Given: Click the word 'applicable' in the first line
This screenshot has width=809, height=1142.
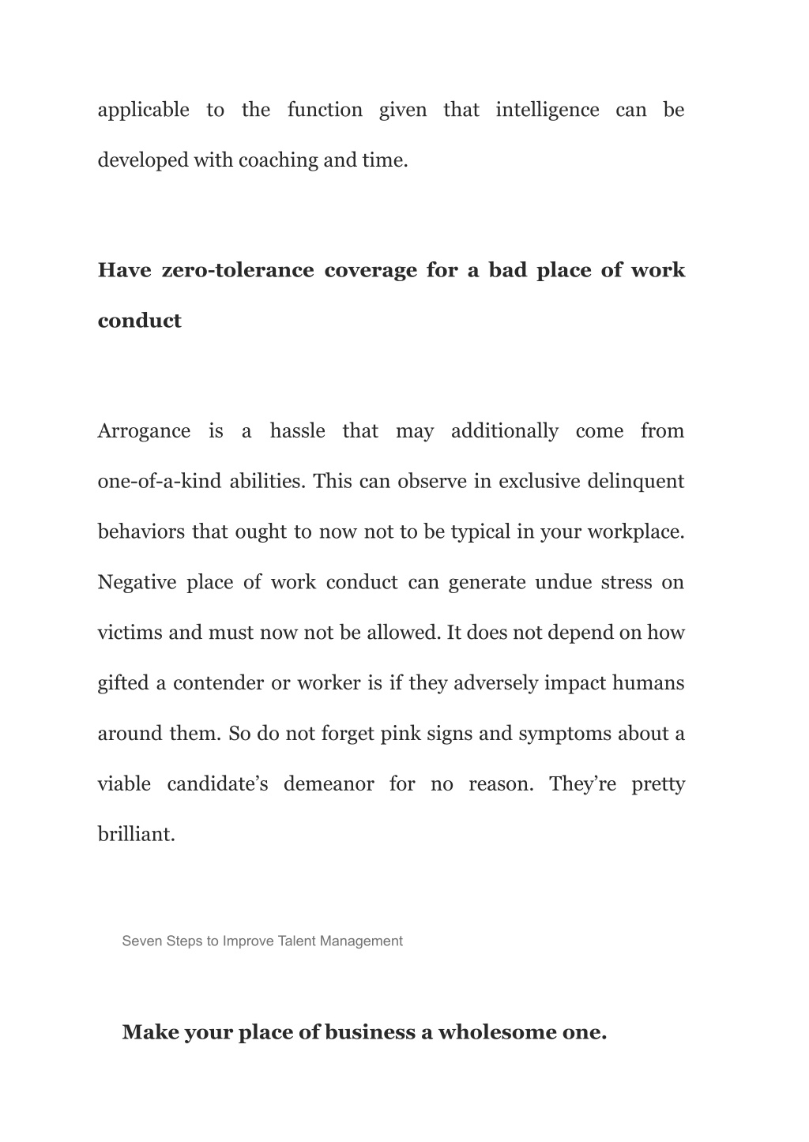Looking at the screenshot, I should (143, 110).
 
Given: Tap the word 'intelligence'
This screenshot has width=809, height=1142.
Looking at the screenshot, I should (547, 110).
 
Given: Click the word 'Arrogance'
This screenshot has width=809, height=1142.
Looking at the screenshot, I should (144, 431).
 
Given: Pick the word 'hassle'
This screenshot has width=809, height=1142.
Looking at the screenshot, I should (297, 431).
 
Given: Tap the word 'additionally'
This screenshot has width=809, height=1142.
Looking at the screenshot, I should (504, 431).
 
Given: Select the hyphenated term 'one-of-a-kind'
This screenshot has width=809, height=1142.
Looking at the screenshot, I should (159, 482).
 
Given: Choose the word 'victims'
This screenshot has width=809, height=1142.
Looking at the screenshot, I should (130, 633).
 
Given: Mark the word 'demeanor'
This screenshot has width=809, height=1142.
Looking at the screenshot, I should (329, 784).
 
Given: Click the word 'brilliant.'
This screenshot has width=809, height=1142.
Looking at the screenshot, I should (136, 835).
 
